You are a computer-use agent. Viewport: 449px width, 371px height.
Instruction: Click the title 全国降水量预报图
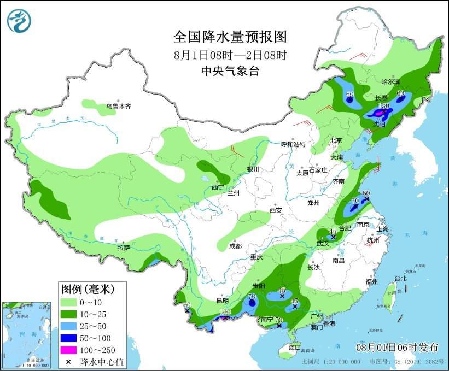(230, 37)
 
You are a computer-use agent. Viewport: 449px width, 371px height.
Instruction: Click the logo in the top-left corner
(19, 20)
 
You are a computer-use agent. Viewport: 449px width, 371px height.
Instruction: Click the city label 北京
(336, 140)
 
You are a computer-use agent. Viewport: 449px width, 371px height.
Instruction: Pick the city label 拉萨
(123, 248)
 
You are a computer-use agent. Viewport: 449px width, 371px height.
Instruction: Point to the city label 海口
(295, 348)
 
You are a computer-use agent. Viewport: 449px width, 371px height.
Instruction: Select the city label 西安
(275, 210)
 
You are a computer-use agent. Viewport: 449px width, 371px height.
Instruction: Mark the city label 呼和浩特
(293, 144)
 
